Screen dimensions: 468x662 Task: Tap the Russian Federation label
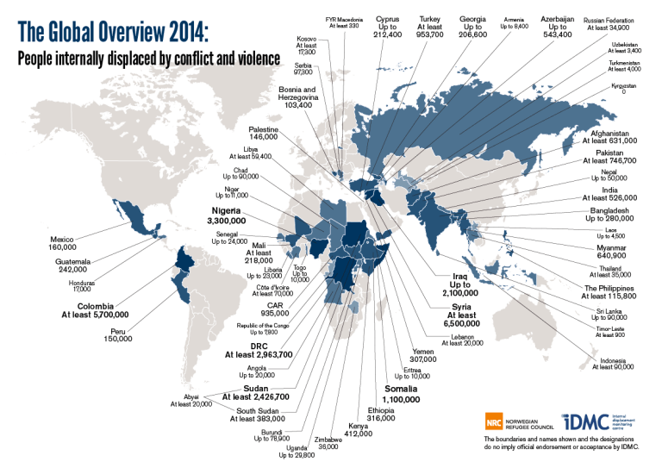point(612,23)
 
